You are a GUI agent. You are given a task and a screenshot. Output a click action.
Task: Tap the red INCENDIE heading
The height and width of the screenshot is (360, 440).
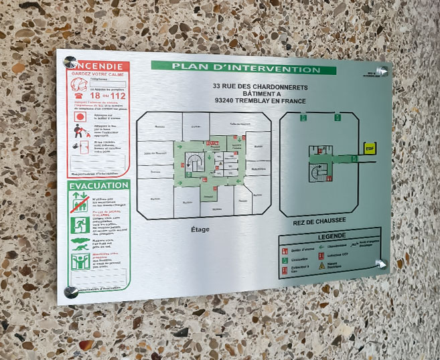click(x=99, y=66)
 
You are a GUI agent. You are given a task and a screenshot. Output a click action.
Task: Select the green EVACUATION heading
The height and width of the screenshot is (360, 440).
click(x=98, y=185)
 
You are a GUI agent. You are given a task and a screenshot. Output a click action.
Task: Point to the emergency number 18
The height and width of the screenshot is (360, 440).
click(x=96, y=95)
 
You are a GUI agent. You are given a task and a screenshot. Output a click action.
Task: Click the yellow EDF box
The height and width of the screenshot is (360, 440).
click(x=370, y=148)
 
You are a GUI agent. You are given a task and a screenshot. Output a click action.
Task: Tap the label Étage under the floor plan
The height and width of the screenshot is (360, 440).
click(x=199, y=230)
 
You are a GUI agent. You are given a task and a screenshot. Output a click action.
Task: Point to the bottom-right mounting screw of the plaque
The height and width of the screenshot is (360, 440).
click(x=382, y=263)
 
